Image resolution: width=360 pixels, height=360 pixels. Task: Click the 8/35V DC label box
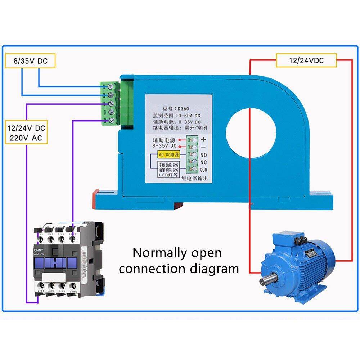30,61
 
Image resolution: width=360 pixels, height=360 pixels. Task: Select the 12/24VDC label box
306,60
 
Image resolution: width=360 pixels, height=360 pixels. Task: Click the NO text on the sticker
203,154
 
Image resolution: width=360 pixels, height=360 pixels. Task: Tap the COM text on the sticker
204,170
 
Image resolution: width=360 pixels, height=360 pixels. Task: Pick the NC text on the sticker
203,162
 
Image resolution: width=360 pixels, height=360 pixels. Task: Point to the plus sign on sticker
203,139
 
